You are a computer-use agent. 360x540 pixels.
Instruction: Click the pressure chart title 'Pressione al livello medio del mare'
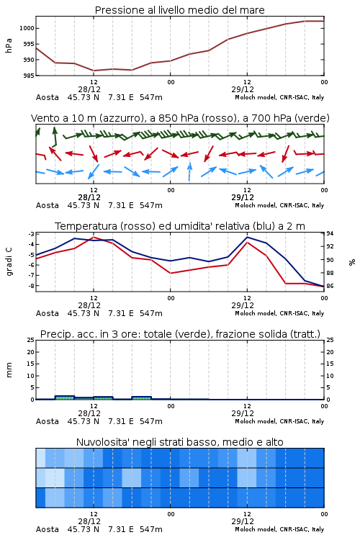coord(179,10)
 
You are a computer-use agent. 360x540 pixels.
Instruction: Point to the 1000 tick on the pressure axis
coord(27,28)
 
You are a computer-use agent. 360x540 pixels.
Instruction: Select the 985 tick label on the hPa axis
coord(29,76)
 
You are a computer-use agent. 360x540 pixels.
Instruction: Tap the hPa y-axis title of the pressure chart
coord(9,45)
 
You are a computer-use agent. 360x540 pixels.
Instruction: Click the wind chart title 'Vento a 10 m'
coord(63,118)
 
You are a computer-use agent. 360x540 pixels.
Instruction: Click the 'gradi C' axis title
coord(9,261)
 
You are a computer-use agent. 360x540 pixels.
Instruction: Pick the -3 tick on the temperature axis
coord(31,234)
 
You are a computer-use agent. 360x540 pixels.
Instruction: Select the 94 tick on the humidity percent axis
coord(330,234)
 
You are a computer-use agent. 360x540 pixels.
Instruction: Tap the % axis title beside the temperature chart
coord(352,262)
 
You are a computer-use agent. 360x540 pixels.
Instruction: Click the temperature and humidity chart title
coord(180,226)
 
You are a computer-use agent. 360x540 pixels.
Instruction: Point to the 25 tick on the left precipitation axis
coord(31,340)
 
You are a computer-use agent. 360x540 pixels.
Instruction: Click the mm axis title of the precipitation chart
coord(9,370)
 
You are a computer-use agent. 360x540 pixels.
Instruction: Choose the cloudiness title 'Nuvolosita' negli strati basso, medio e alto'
coord(179,442)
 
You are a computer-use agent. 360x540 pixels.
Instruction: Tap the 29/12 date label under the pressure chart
coord(243,89)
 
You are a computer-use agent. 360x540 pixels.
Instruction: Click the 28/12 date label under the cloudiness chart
coord(89,521)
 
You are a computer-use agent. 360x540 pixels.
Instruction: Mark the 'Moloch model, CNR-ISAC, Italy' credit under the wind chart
coord(279,205)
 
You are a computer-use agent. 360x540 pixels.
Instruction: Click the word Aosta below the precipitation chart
coord(48,421)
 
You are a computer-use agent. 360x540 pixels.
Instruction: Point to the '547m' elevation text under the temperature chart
coord(151,313)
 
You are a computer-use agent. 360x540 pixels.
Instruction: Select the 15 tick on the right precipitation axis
coord(330,364)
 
